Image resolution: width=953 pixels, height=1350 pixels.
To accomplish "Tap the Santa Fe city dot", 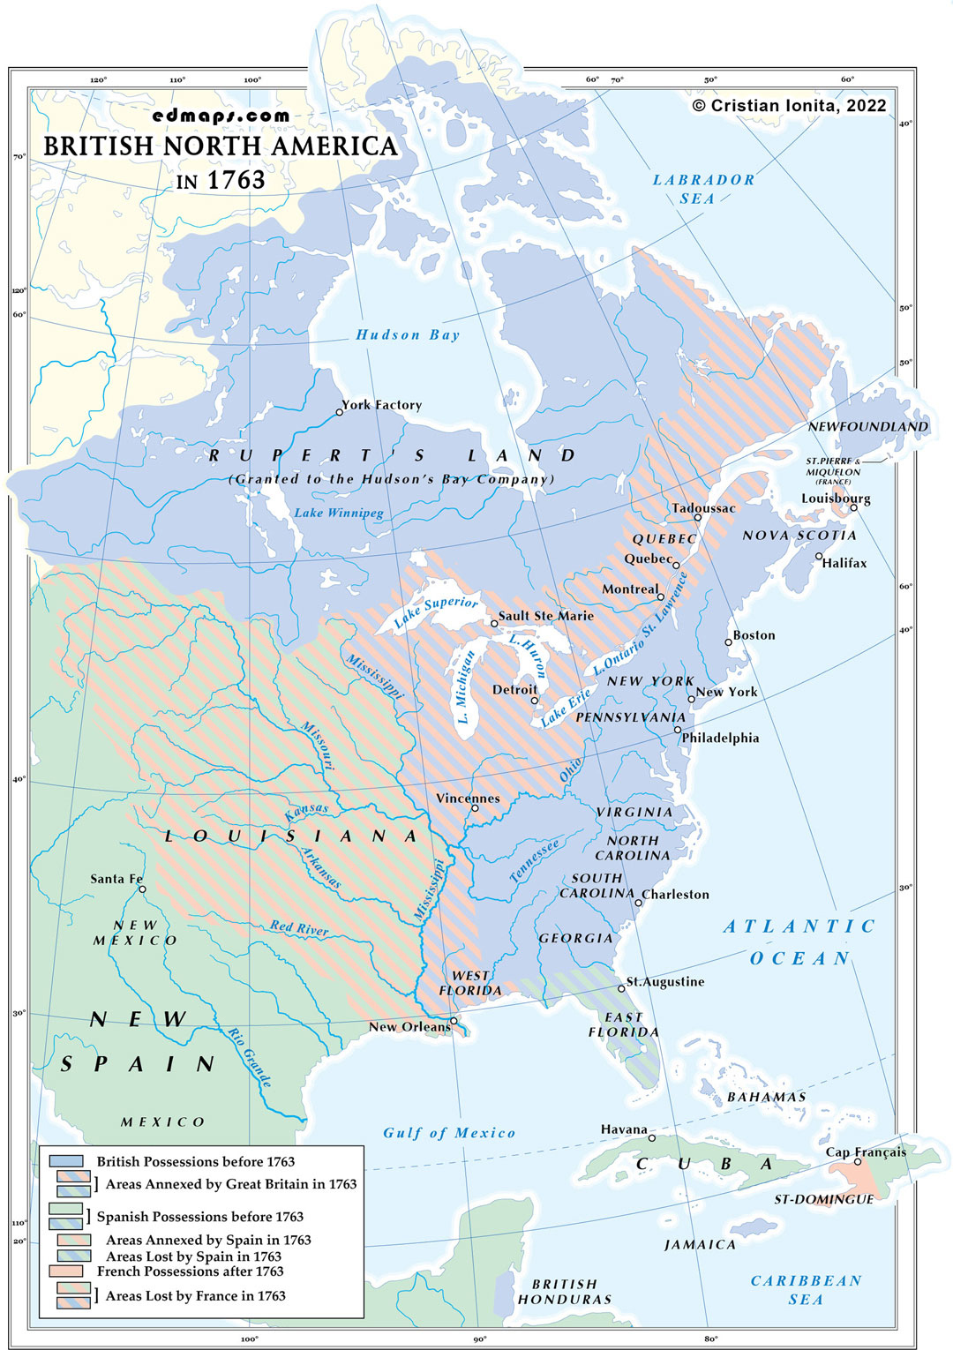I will point(142,889).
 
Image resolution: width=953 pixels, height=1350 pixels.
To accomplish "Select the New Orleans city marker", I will point(454,1021).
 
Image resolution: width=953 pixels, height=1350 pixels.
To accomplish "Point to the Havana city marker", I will point(652,1137).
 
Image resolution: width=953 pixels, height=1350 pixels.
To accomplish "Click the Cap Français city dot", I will point(857,1161).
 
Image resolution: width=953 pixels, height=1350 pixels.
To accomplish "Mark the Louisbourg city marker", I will point(853,507).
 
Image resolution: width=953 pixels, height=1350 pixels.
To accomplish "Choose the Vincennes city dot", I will point(474,808).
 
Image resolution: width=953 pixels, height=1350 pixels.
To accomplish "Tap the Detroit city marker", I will point(535,701).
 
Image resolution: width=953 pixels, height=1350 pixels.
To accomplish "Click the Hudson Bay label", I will point(408,334).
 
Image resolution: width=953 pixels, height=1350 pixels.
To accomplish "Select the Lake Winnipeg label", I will point(339,513).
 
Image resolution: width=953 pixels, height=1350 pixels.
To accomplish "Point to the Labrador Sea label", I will point(703,189).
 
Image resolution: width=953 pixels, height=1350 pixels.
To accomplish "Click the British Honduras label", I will point(565,1292).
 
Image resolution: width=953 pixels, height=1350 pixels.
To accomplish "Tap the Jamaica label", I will point(700,1244).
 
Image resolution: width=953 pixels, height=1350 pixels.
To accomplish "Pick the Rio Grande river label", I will point(249,1057).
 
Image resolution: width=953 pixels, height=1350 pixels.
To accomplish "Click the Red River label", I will point(299,927).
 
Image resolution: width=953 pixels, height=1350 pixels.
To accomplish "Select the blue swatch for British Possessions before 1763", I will point(66,1161).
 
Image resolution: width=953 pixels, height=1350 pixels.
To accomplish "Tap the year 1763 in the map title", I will point(236,180).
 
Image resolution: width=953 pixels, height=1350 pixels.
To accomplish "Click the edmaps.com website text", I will point(221,116).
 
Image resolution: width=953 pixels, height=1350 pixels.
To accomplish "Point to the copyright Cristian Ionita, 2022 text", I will point(789,106).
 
